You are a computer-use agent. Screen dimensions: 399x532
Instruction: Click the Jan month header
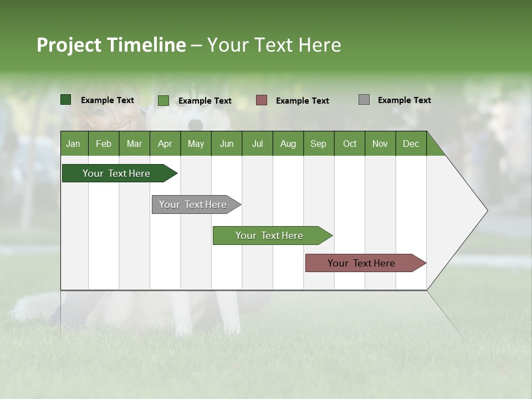pyautogui.click(x=74, y=144)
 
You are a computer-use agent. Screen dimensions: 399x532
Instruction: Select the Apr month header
pyautogui.click(x=165, y=144)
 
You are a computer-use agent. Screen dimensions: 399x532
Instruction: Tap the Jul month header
pyautogui.click(x=257, y=144)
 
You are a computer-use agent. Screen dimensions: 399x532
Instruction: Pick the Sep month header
pyautogui.click(x=318, y=144)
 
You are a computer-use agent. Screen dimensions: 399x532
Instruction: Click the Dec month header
pyautogui.click(x=411, y=144)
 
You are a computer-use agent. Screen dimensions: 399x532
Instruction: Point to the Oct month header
pyautogui.click(x=349, y=144)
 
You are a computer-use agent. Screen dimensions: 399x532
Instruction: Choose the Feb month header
pyautogui.click(x=104, y=144)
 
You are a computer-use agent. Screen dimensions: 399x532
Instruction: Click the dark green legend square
pyautogui.click(x=65, y=100)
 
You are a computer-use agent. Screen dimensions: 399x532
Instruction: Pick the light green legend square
pyautogui.click(x=163, y=100)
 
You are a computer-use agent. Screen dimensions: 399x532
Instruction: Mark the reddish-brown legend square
pyautogui.click(x=261, y=100)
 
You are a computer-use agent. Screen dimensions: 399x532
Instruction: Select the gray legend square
pyautogui.click(x=364, y=100)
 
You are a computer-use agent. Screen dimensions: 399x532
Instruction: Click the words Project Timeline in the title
pyautogui.click(x=111, y=45)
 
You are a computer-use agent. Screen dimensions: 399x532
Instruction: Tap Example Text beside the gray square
pyautogui.click(x=404, y=100)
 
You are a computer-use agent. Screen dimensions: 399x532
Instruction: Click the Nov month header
pyautogui.click(x=380, y=144)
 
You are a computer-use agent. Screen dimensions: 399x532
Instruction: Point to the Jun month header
pyautogui.click(x=226, y=144)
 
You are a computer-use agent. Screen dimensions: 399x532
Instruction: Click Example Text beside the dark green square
pyautogui.click(x=107, y=100)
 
